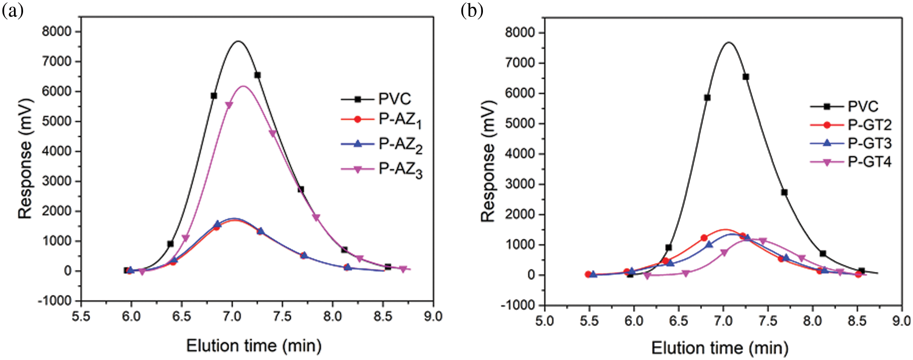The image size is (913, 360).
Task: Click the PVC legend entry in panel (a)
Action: click(x=394, y=99)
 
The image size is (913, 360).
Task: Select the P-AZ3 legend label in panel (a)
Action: click(x=400, y=170)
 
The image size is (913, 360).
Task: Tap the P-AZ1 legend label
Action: click(x=400, y=120)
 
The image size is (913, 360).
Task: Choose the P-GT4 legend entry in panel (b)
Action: click(x=869, y=162)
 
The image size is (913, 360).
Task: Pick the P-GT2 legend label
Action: click(x=869, y=125)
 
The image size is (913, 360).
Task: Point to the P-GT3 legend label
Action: click(x=869, y=143)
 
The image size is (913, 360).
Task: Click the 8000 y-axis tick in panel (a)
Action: click(x=57, y=32)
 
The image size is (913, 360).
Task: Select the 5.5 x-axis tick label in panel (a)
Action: click(x=81, y=317)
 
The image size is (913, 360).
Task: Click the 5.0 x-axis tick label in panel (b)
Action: click(x=544, y=321)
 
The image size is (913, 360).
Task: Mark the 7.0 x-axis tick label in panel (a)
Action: click(x=232, y=317)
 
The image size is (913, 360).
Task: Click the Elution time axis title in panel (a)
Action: click(x=254, y=346)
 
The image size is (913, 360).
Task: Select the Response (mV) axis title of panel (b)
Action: click(x=488, y=161)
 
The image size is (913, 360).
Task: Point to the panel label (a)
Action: click(x=12, y=10)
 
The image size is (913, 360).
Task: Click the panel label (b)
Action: click(x=472, y=10)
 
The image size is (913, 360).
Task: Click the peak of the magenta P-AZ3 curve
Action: click(x=244, y=87)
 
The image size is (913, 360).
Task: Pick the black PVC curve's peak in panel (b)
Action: click(x=729, y=42)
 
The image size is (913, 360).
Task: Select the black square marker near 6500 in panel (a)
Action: click(x=258, y=75)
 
